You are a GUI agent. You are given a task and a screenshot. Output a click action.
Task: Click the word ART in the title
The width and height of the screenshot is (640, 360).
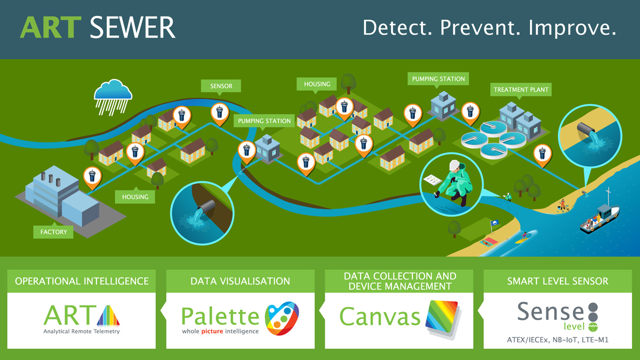(x=50, y=28)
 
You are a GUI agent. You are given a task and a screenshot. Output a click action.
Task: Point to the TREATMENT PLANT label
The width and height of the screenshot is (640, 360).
(x=521, y=90)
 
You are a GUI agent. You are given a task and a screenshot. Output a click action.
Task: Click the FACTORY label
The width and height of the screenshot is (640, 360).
(x=53, y=232)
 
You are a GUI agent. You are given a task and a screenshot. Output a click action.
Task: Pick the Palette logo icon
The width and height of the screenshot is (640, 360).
(x=282, y=318)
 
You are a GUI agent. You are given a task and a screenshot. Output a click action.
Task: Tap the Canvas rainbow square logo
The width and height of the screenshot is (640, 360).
(x=442, y=319)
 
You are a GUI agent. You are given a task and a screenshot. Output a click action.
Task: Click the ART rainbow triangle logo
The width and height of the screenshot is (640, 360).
(x=108, y=315)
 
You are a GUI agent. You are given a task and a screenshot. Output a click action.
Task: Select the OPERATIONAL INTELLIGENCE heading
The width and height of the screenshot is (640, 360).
(x=82, y=281)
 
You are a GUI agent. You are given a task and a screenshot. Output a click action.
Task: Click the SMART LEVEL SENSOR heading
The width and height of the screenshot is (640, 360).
(x=557, y=281)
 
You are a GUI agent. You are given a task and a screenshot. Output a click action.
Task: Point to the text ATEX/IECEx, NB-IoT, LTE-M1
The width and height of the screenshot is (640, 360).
(x=558, y=339)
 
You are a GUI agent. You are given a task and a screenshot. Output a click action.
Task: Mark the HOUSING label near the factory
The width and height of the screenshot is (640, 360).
(x=135, y=197)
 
